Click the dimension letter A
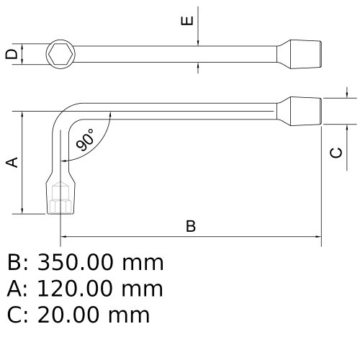click(x=12, y=163)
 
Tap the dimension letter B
click(x=191, y=226)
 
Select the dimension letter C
click(x=336, y=152)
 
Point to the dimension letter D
click(x=10, y=54)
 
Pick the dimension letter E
click(x=187, y=21)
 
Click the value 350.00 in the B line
click(x=79, y=263)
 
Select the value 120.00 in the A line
click(x=78, y=289)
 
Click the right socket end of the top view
click(x=303, y=53)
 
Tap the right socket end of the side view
click(x=303, y=112)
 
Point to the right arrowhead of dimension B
click(x=317, y=235)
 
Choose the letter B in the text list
click(x=14, y=263)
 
